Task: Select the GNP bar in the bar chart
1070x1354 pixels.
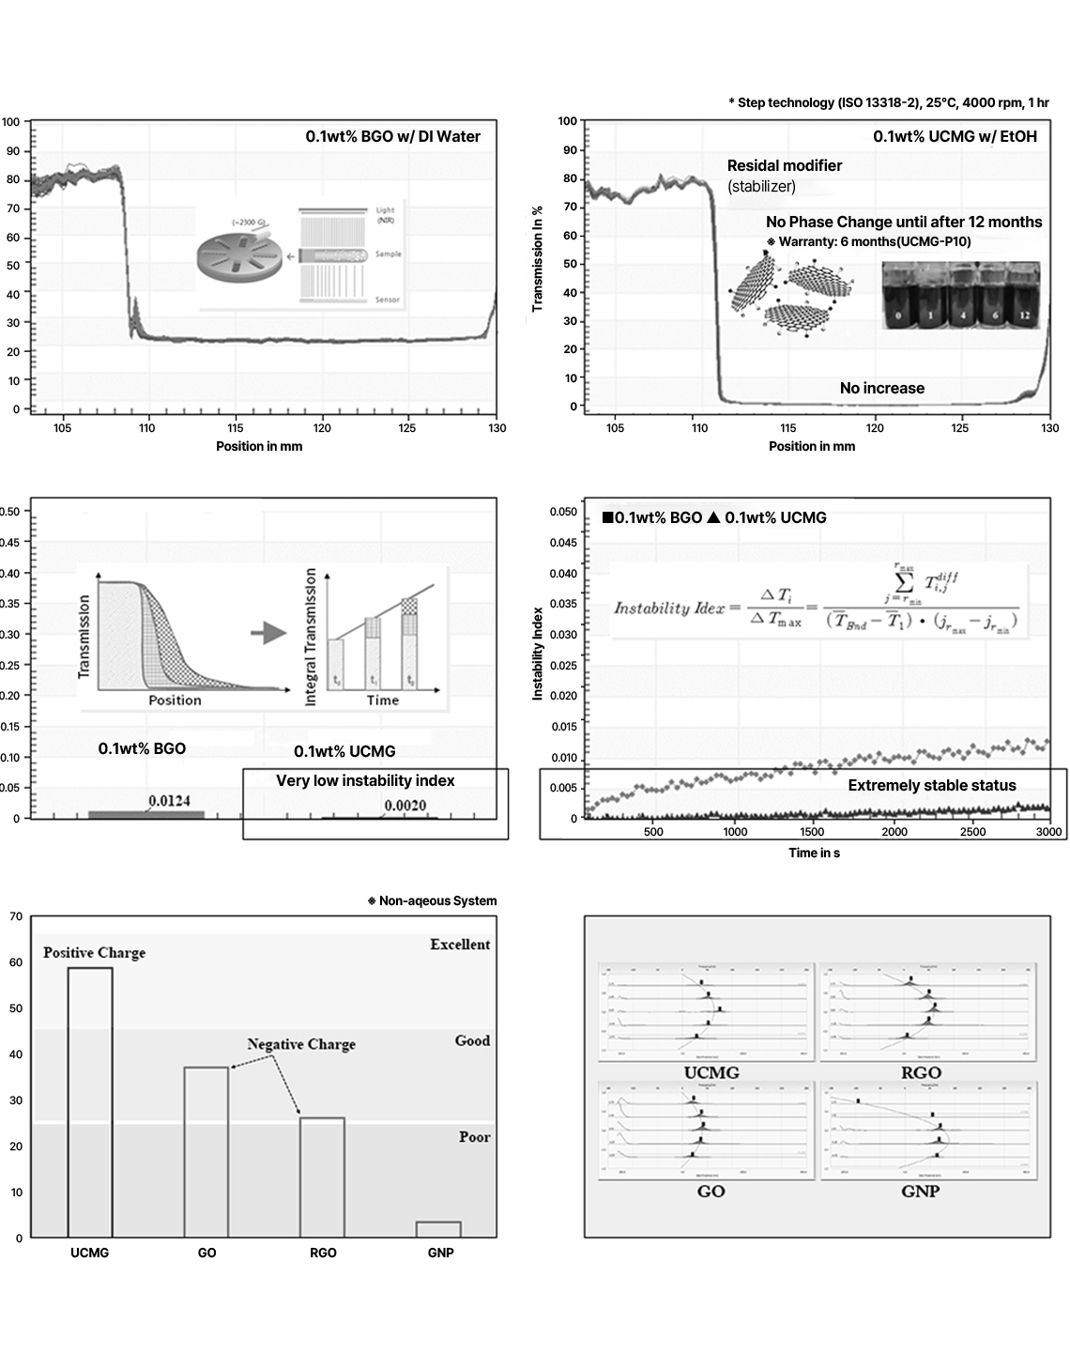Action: click(x=438, y=1229)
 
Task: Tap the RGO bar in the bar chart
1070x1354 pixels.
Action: click(x=322, y=1177)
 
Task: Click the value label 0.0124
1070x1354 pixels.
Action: click(x=169, y=801)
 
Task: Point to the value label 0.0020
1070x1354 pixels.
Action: click(x=405, y=806)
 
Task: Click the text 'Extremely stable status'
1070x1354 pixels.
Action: click(x=932, y=786)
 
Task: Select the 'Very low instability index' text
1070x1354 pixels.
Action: click(x=365, y=781)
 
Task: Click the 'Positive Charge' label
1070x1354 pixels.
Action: click(x=95, y=952)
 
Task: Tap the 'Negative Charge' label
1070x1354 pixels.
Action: click(x=301, y=1044)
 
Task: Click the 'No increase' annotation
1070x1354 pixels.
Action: click(x=881, y=388)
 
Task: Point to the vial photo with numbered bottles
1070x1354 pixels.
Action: click(x=961, y=295)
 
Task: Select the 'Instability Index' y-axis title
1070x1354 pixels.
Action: click(x=538, y=654)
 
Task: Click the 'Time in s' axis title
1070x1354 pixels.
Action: click(x=814, y=853)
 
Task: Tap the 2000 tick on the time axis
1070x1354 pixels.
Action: click(x=894, y=832)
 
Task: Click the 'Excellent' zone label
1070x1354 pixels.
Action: click(x=460, y=945)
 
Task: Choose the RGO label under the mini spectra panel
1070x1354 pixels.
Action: click(x=921, y=1073)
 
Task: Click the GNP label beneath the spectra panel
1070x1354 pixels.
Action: click(x=920, y=1192)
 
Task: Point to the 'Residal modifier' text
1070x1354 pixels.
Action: click(x=785, y=165)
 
